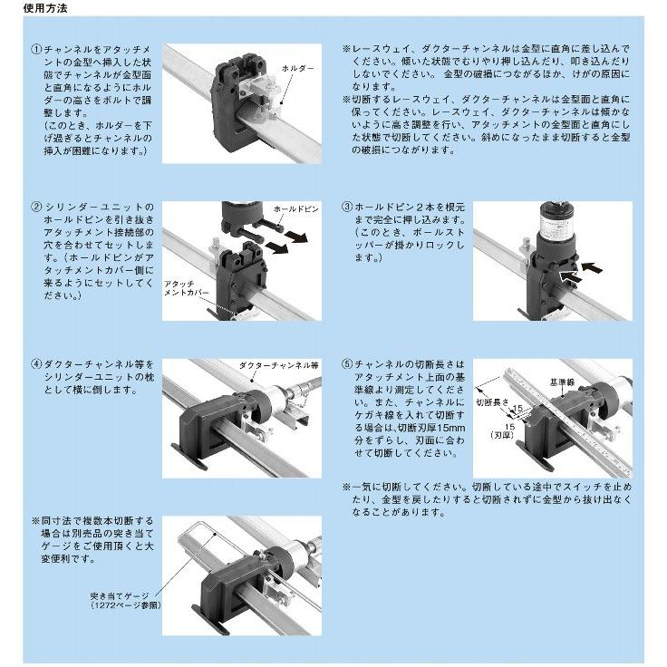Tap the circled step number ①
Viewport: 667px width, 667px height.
(x=37, y=47)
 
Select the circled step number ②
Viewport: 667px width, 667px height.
(x=37, y=208)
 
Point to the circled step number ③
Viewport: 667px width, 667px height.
(x=348, y=208)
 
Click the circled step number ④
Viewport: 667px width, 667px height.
(x=37, y=363)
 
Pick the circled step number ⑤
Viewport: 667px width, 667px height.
(x=348, y=363)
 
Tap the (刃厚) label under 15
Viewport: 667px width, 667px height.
(x=517, y=434)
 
